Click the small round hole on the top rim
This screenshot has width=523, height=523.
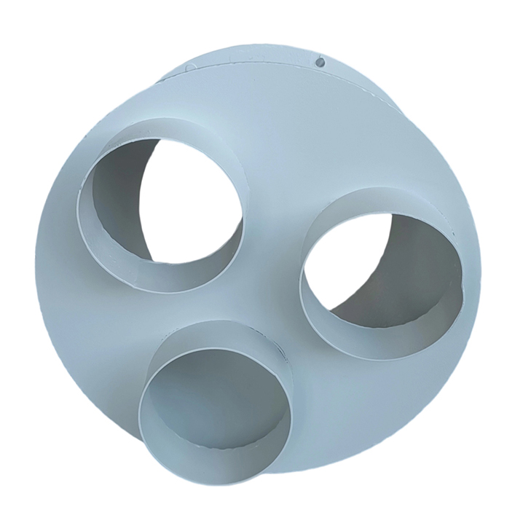pos(319,63)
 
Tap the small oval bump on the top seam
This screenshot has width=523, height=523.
pos(190,66)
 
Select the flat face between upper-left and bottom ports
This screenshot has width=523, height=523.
pos(109,328)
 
